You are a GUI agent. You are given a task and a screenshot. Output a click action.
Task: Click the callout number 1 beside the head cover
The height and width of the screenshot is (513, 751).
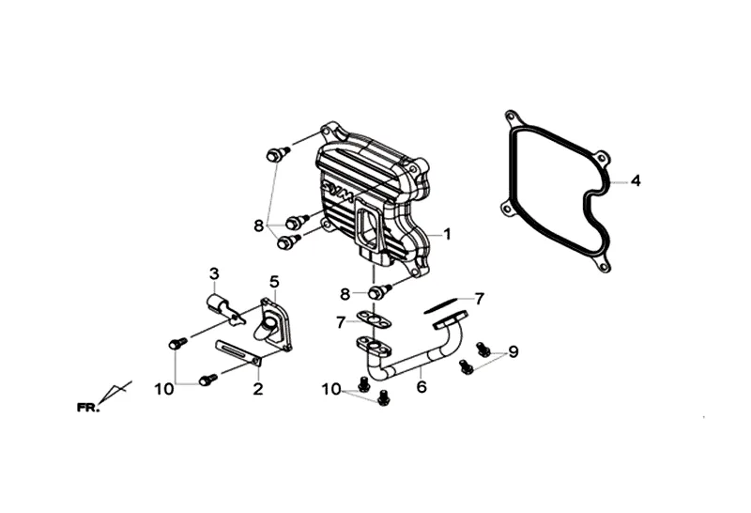tap(447, 233)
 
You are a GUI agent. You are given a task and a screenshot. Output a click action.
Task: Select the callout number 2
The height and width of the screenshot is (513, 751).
tap(256, 386)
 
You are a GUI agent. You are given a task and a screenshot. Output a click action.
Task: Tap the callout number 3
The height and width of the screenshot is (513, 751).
tap(214, 273)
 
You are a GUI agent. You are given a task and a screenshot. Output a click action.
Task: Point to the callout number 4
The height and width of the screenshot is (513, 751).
tap(636, 180)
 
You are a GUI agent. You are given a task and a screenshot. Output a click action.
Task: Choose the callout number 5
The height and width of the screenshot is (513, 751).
tap(274, 281)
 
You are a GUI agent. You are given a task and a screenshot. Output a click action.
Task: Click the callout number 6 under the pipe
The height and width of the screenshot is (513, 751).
tap(421, 384)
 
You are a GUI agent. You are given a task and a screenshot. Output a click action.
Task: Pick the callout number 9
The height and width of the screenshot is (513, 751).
tap(513, 352)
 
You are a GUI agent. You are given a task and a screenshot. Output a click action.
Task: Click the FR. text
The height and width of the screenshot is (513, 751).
tap(90, 407)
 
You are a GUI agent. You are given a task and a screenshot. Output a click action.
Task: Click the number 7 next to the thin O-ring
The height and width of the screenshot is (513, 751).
tap(479, 299)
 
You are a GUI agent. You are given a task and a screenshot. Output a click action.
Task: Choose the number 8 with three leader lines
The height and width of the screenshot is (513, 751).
tap(259, 225)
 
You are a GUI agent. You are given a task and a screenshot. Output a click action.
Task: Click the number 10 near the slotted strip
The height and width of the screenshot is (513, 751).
tap(165, 388)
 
